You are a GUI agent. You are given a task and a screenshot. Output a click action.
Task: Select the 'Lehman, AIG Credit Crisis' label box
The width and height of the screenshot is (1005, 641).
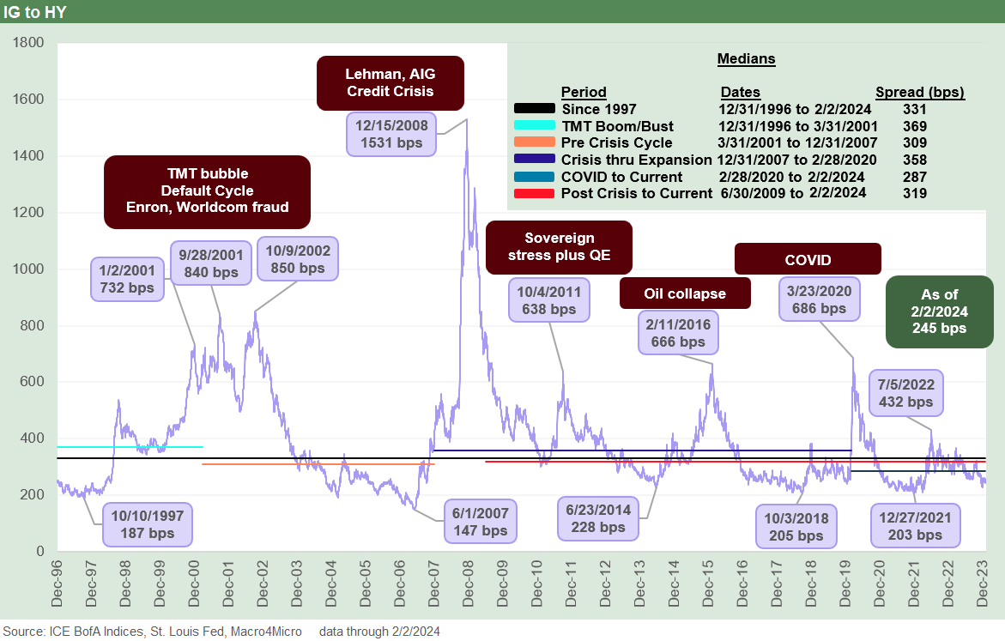coord(390,83)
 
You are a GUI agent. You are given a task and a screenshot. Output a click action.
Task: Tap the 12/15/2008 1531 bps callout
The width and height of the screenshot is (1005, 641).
coord(390,133)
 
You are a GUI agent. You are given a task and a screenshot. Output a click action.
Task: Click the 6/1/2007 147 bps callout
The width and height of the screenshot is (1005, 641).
coord(481,522)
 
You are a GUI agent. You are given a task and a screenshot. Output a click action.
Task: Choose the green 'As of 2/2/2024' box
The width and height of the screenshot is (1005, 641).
coord(939,311)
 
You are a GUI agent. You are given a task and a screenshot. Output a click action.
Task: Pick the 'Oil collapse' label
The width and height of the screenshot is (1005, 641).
coord(685,293)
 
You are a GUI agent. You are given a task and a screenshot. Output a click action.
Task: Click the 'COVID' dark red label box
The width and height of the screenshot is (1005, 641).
coord(808,258)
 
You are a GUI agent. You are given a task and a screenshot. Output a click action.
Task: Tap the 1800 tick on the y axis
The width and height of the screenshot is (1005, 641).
coord(28,42)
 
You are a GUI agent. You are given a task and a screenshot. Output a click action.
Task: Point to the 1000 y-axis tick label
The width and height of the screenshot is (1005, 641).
coord(28,269)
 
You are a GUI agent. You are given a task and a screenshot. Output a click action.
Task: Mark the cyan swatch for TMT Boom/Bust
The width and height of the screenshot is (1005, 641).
coord(534,125)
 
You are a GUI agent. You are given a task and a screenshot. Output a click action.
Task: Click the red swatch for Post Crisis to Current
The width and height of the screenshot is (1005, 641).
coord(534,193)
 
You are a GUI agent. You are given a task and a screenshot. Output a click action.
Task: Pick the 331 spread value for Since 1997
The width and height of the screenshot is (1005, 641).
coord(915,109)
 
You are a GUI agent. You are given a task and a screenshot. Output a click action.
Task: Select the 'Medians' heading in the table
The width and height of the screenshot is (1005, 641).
coord(746,59)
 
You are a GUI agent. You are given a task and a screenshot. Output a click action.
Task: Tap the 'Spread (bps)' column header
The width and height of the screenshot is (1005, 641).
coord(919,92)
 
